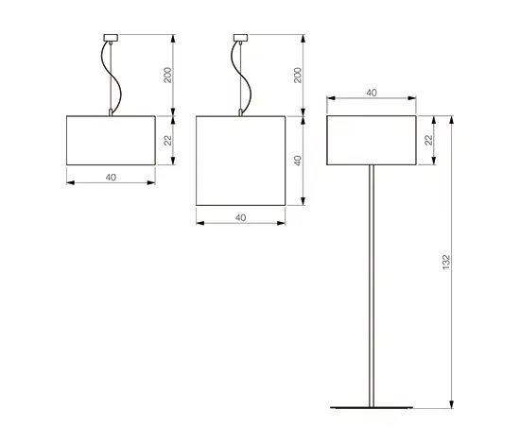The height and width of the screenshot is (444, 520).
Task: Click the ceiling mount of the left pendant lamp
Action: click(x=111, y=38)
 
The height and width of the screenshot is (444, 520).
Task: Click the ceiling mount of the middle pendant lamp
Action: click(x=241, y=38)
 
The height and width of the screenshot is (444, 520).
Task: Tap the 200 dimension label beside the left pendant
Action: click(x=168, y=76)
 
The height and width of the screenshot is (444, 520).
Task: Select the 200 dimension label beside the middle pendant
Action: click(x=298, y=76)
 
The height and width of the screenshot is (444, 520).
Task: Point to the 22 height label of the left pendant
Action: click(x=168, y=141)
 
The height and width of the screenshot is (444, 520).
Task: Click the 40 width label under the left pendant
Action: click(x=111, y=178)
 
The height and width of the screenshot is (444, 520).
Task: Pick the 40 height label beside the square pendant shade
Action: click(x=298, y=161)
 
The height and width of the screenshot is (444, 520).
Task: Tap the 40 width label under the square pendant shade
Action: click(x=241, y=217)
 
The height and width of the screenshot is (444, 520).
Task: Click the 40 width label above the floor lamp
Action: click(x=372, y=93)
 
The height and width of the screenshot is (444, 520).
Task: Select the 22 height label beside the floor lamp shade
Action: click(x=429, y=140)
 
